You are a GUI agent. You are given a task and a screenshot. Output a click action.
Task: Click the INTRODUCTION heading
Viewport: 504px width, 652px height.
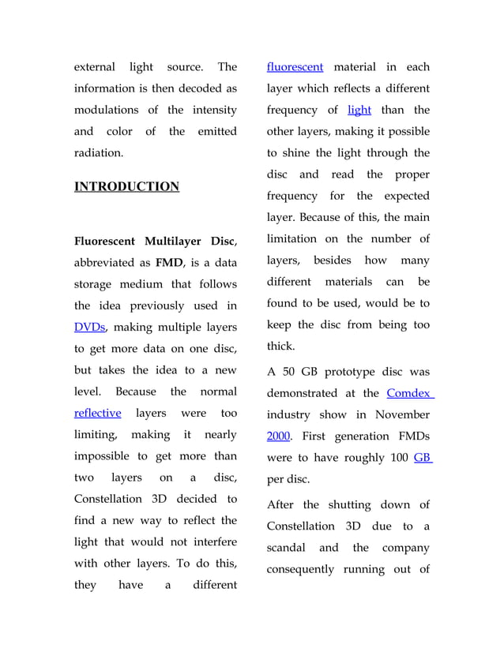(x=126, y=187)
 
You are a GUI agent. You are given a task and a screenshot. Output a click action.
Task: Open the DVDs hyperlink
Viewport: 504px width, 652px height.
(x=89, y=327)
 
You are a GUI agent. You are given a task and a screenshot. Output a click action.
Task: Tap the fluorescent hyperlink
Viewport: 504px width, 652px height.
(x=295, y=67)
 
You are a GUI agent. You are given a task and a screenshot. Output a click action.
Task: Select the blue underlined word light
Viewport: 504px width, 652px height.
(x=359, y=110)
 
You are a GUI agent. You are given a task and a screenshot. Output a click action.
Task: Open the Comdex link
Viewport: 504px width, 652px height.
(x=409, y=393)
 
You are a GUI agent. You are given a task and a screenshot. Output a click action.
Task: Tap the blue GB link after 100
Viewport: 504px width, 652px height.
(x=423, y=457)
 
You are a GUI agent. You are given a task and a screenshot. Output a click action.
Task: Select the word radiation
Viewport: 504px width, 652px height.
(x=99, y=153)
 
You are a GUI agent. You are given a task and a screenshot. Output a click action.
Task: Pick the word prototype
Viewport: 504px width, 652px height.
(x=346, y=372)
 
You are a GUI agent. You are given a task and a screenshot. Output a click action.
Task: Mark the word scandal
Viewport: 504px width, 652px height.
(x=290, y=547)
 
